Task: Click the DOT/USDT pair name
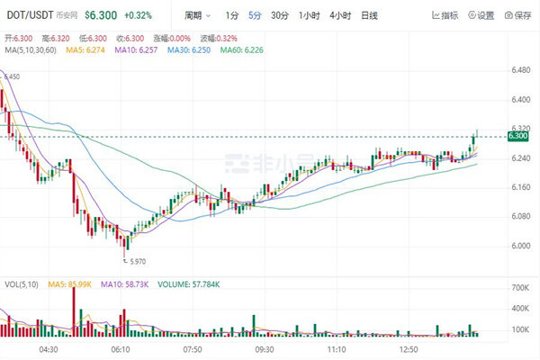click(29, 15)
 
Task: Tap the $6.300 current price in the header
click(103, 15)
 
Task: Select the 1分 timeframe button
click(232, 15)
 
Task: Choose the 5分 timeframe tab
click(256, 15)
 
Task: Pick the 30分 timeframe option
click(280, 15)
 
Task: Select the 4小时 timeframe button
click(339, 15)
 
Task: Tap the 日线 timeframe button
click(369, 15)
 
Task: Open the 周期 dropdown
click(197, 15)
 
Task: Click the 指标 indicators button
click(444, 15)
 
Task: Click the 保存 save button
click(517, 15)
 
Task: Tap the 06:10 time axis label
click(121, 348)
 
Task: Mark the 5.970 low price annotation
click(136, 262)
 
